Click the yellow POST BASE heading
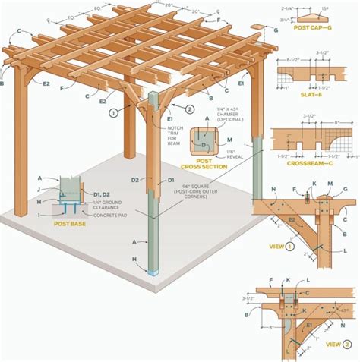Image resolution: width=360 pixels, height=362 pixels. click(69, 224)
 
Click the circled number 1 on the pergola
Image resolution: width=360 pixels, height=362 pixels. click(112, 113)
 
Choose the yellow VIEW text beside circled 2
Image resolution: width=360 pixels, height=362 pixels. click(333, 344)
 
